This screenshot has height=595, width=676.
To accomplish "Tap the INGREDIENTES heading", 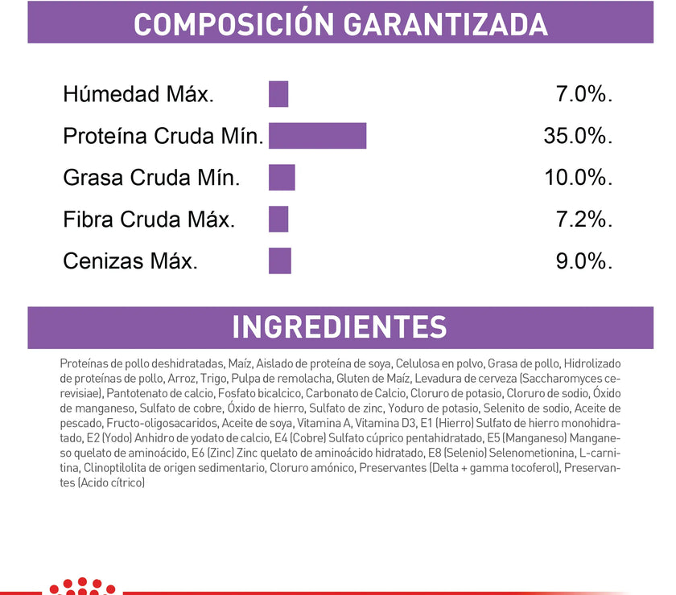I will [339, 327].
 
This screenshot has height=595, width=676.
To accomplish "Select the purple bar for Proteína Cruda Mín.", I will [317, 136].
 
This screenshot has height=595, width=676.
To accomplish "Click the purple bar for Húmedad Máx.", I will [278, 94].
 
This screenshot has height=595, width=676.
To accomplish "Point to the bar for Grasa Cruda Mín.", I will [282, 177].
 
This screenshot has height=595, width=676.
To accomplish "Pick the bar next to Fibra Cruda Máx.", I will [278, 219].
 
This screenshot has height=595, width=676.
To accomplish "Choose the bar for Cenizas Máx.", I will [280, 261].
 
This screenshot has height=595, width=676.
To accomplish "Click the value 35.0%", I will [579, 136].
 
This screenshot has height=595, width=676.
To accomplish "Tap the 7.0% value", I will [584, 94].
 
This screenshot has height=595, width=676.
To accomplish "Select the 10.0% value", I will [579, 177].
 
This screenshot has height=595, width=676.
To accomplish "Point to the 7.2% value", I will [584, 219].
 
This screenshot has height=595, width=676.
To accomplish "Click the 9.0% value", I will [584, 261].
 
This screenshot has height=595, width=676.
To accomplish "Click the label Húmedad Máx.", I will [138, 95].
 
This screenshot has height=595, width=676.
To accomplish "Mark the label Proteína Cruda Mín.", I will [163, 137].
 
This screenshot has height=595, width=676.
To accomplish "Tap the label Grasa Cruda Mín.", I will [151, 178].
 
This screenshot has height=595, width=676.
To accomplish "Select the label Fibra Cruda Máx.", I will [149, 220].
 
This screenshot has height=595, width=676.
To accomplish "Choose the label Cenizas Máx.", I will [130, 261].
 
